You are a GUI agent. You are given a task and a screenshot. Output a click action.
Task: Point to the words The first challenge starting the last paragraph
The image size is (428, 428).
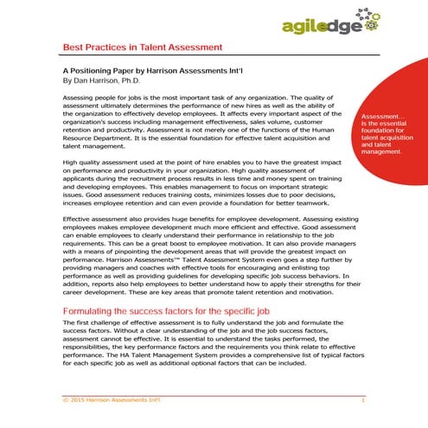(96, 323)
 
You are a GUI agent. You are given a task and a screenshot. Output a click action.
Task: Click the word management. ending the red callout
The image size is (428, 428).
(384, 151)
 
